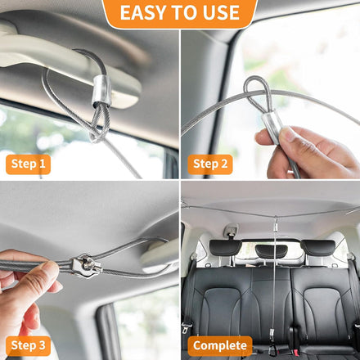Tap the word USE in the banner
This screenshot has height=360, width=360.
tap(221, 12)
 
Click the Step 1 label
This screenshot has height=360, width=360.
tap(28, 164)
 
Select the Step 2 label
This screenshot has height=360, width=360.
tap(210, 164)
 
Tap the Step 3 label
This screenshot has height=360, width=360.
tap(28, 345)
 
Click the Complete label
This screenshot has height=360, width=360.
tap(220, 345)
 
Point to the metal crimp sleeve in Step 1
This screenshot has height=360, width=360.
tap(101, 91)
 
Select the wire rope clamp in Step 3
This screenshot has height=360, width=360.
tap(87, 266)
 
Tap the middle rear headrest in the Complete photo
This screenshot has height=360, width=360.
tap(271, 251)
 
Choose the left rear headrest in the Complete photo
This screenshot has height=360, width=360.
tap(226, 248)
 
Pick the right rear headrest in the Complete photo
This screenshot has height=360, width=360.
tap(318, 248)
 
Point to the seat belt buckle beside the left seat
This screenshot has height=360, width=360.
tap(187, 327)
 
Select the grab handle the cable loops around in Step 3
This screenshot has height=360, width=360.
tap(160, 258)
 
